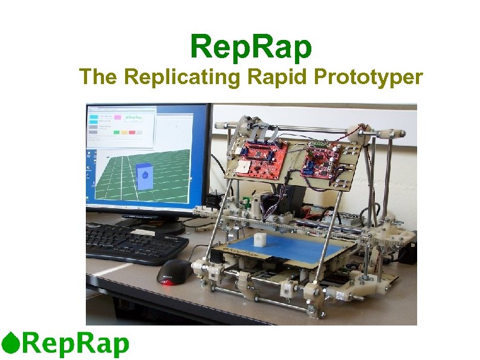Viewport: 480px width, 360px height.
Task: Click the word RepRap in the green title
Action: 251,47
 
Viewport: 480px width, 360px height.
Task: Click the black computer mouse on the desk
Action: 174,273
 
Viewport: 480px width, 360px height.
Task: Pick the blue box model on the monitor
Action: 144,175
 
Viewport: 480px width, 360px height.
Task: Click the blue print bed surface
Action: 284,247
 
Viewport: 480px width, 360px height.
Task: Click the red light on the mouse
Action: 166,281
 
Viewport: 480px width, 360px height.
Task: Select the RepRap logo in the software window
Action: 134,116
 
